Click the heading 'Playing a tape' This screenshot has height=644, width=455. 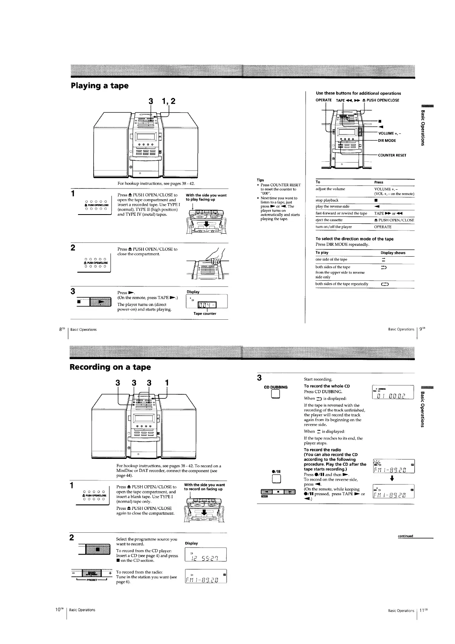click(x=99, y=85)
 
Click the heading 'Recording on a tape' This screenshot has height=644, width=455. click(x=110, y=367)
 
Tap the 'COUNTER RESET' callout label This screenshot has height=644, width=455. click(x=392, y=155)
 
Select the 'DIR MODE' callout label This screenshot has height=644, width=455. click(x=387, y=141)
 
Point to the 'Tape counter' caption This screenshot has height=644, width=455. click(x=205, y=314)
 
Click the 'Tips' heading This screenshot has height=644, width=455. click(x=260, y=180)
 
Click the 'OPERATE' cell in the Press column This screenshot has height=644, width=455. click(x=383, y=227)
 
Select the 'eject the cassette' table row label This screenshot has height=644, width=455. click(x=329, y=220)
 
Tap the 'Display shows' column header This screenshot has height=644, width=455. click(x=393, y=253)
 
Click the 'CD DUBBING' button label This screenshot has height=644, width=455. click(x=276, y=387)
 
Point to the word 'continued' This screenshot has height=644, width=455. click(x=405, y=536)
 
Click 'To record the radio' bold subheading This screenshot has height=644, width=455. click(x=322, y=450)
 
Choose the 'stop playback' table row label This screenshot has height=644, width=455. click(x=327, y=200)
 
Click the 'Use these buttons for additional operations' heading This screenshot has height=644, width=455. click(x=358, y=93)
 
